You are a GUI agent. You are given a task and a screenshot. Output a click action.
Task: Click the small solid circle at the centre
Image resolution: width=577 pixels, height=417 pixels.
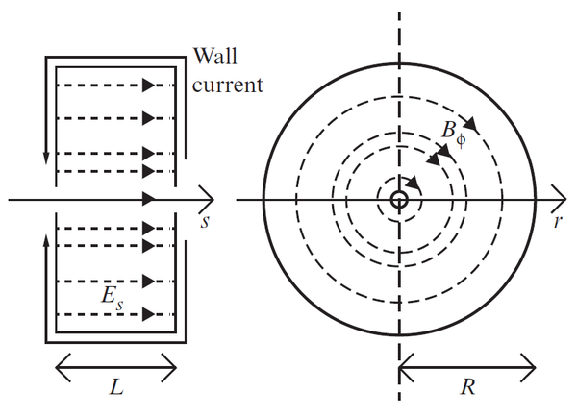398,200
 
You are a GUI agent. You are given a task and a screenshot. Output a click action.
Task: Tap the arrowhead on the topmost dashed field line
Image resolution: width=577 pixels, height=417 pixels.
148,85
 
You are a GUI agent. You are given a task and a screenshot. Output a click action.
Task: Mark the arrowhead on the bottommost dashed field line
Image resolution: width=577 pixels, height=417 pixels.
148,313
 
